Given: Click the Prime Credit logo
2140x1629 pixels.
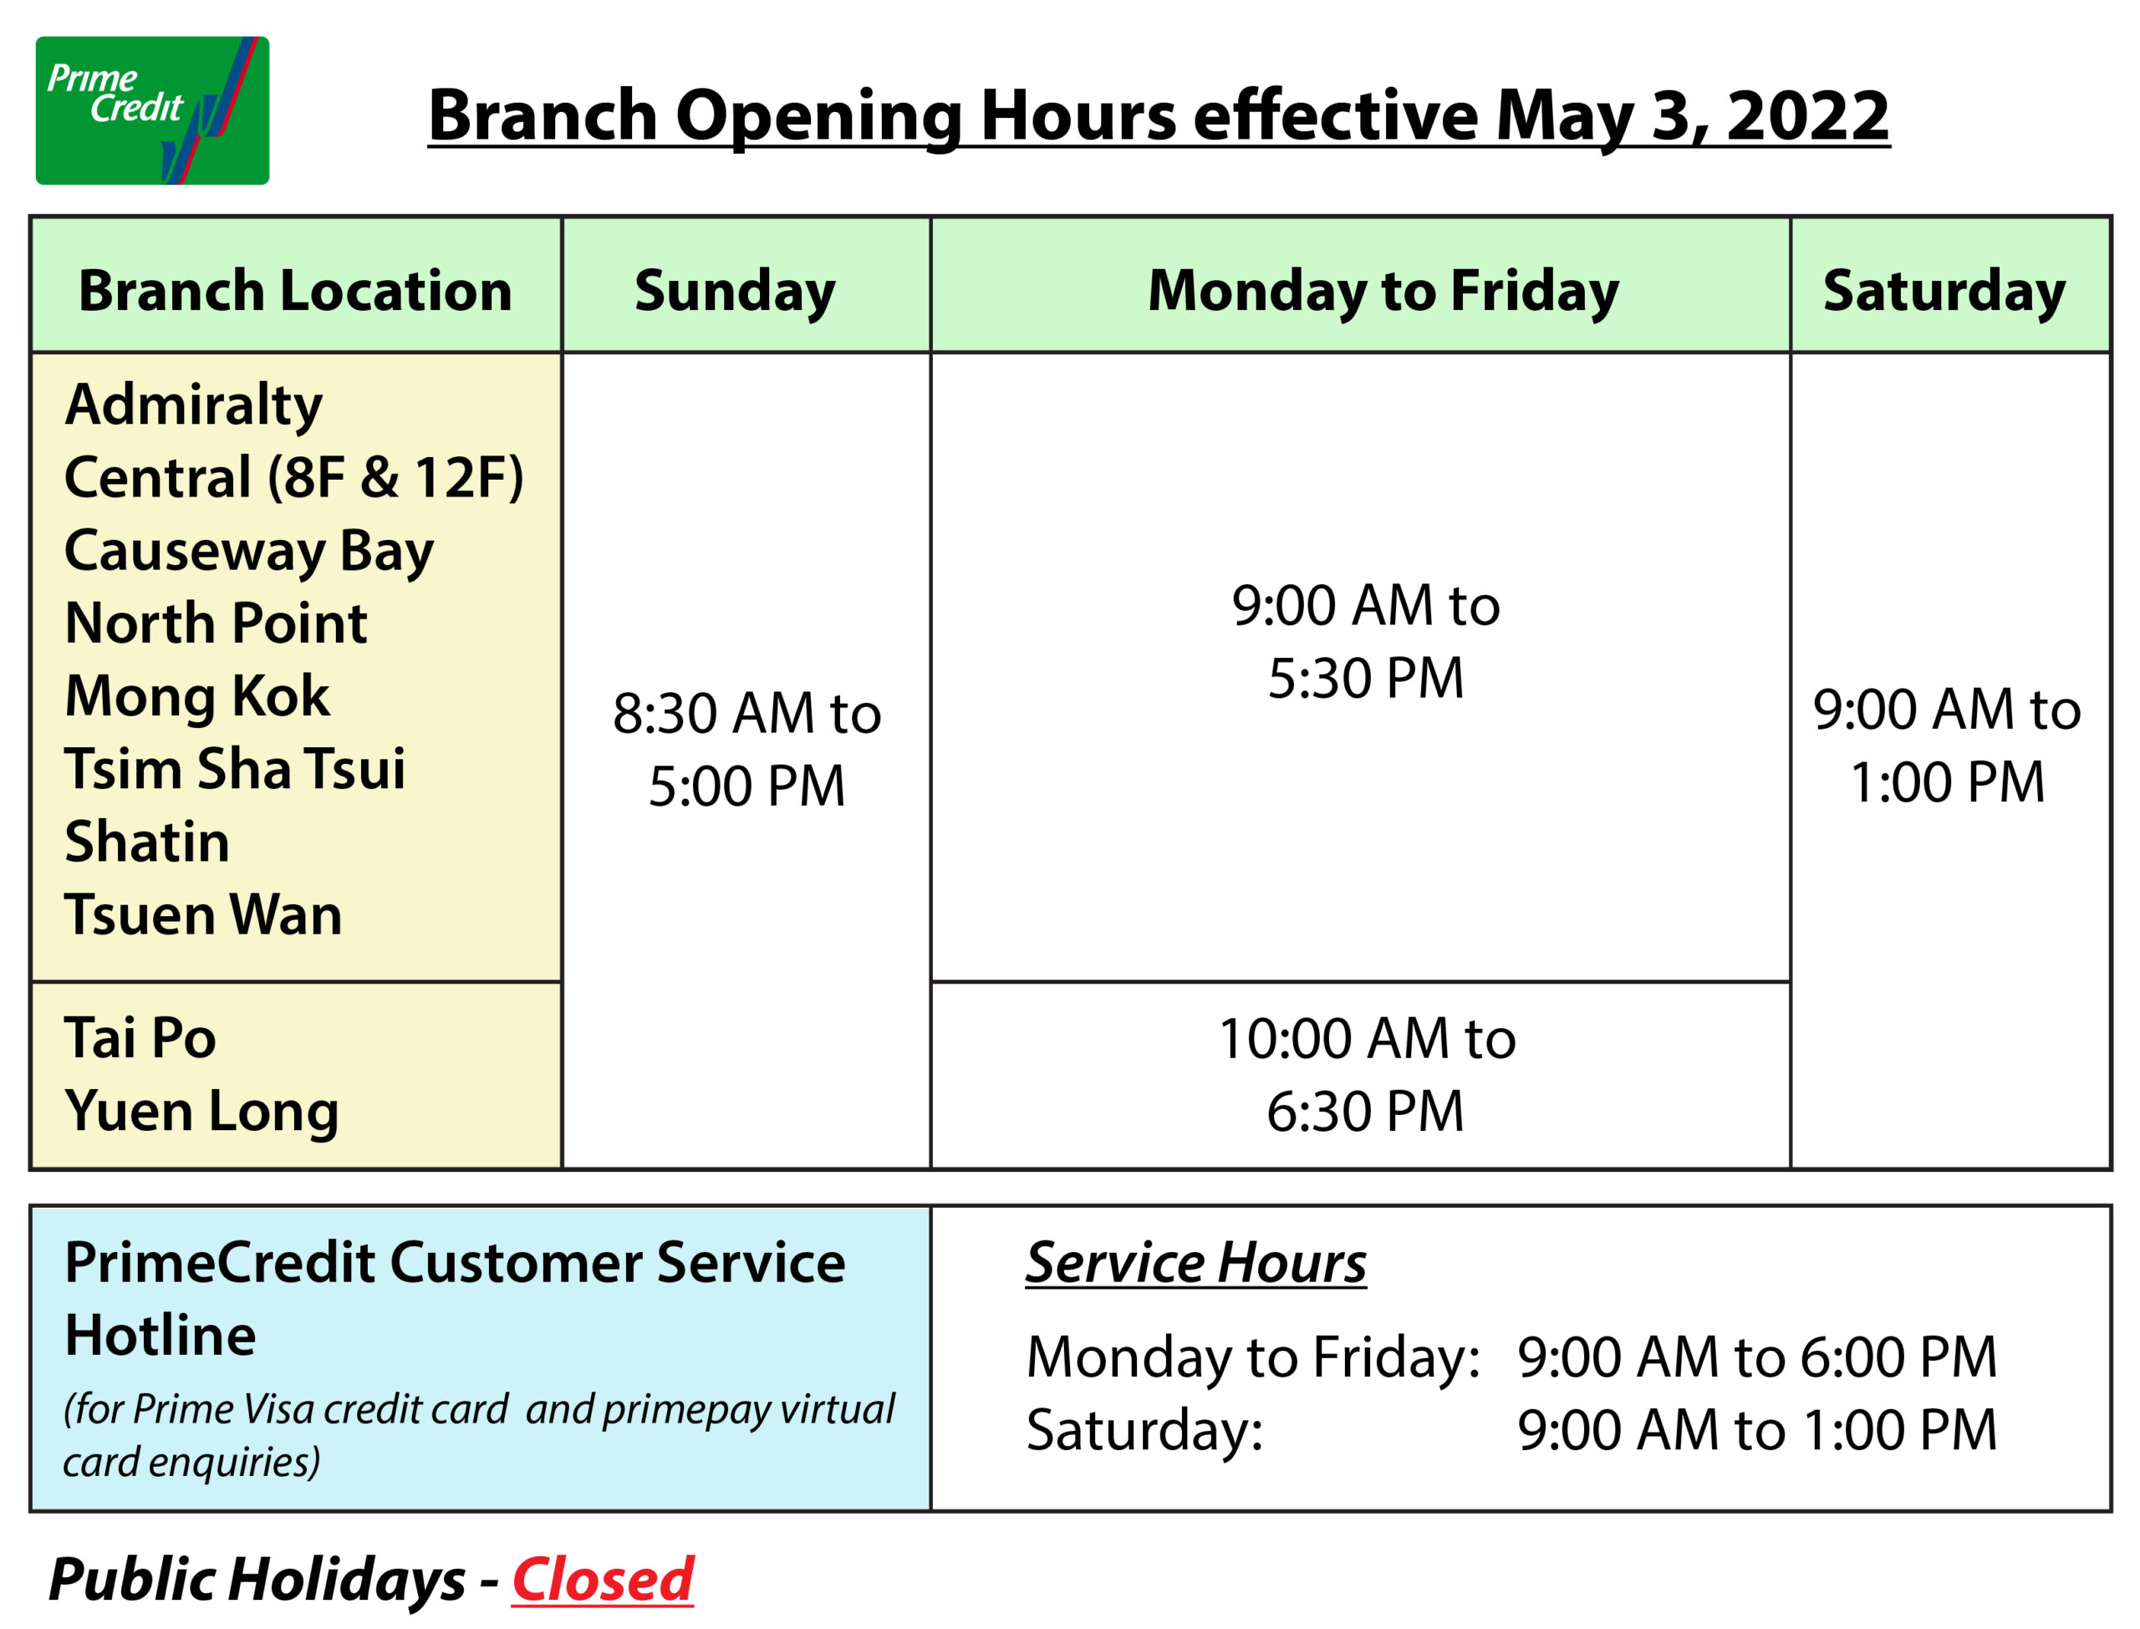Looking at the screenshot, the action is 152,110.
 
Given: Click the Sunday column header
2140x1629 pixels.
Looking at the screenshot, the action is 735,292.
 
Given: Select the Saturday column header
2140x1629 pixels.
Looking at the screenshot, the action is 1944,292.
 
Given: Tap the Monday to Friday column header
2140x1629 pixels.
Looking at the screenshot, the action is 1383,292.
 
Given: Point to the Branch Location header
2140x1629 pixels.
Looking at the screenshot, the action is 295,291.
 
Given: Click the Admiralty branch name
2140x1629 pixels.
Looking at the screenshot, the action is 193,405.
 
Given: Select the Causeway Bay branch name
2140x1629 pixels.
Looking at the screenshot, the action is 249,552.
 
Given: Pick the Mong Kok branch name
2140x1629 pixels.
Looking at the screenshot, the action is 196,697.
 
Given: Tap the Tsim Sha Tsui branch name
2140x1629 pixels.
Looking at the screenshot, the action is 235,769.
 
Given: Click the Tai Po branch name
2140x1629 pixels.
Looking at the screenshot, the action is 140,1037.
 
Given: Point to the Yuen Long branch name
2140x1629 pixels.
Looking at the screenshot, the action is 201,1111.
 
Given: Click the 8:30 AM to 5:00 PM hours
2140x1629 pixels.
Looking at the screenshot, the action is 746,749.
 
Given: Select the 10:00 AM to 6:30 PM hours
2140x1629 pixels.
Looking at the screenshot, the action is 1368,1074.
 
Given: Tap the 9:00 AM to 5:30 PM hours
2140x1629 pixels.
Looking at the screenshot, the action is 1366,641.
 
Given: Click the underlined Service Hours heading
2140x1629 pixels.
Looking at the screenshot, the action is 1195,1264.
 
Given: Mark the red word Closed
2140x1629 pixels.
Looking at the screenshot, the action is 602,1581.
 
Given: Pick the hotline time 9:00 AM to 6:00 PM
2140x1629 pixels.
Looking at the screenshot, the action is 1757,1357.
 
